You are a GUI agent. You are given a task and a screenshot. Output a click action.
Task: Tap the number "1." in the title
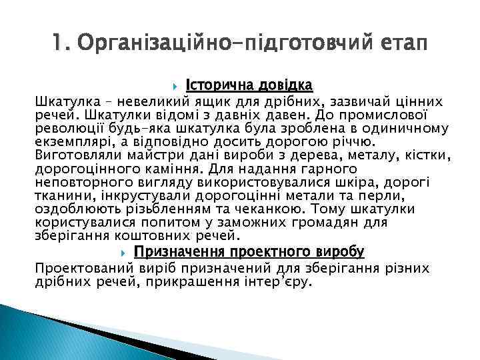61,44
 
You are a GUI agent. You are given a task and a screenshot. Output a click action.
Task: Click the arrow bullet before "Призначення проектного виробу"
124,252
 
